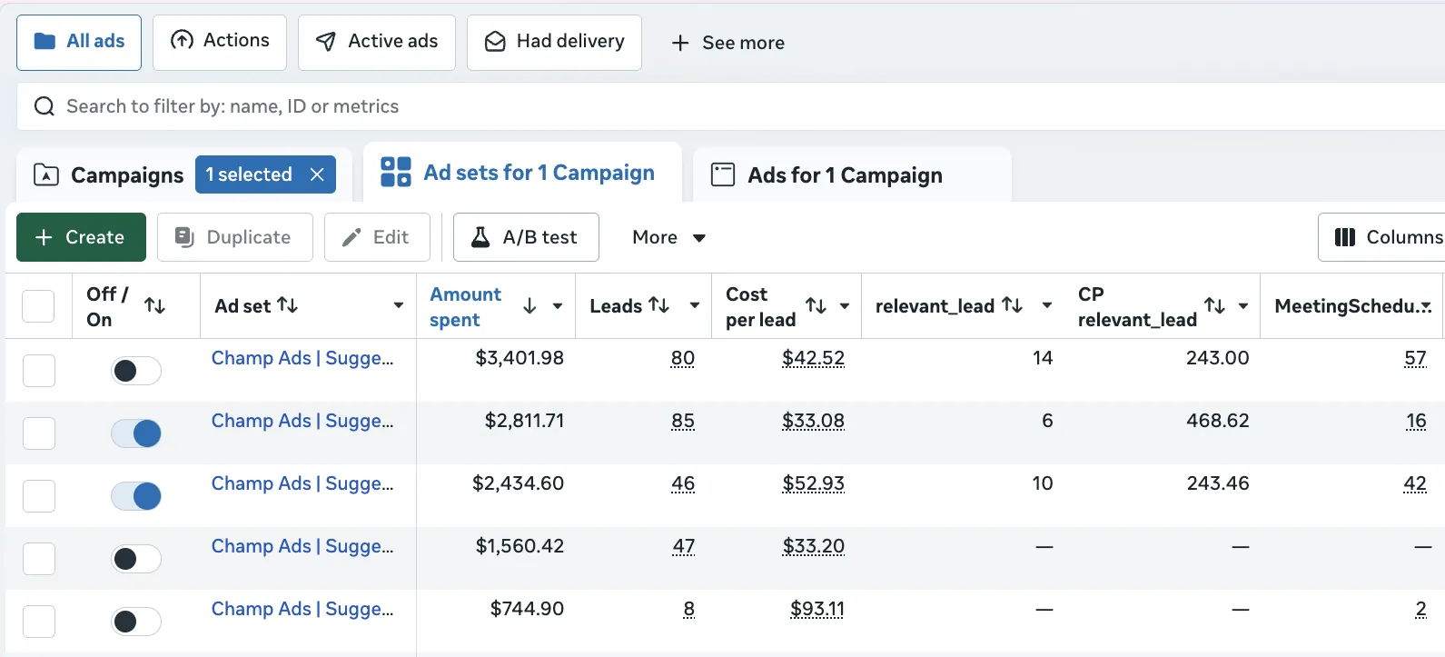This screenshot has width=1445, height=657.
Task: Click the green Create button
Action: click(81, 237)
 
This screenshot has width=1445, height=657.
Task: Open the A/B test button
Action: click(526, 237)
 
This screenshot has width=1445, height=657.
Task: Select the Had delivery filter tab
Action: click(554, 42)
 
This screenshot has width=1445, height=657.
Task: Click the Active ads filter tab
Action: click(377, 42)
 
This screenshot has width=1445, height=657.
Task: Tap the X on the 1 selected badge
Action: click(317, 174)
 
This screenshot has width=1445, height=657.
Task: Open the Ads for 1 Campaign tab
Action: click(845, 175)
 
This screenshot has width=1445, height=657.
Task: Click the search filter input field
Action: click(727, 106)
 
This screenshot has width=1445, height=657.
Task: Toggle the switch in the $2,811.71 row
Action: click(136, 433)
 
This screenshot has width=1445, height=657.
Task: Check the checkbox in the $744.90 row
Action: click(39, 622)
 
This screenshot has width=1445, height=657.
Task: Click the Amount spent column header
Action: click(466, 306)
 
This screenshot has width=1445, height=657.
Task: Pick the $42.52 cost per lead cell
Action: click(813, 358)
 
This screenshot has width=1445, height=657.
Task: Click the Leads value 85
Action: click(683, 421)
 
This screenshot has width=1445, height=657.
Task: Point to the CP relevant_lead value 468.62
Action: click(1217, 421)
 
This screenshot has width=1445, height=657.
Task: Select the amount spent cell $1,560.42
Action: click(520, 546)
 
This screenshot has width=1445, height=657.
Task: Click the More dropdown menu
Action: click(668, 237)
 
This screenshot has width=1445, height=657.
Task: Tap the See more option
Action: click(727, 43)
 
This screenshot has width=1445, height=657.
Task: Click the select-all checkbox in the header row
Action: click(38, 306)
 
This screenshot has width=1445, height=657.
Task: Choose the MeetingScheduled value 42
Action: click(1414, 483)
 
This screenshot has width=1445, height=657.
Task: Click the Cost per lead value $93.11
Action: click(817, 609)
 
